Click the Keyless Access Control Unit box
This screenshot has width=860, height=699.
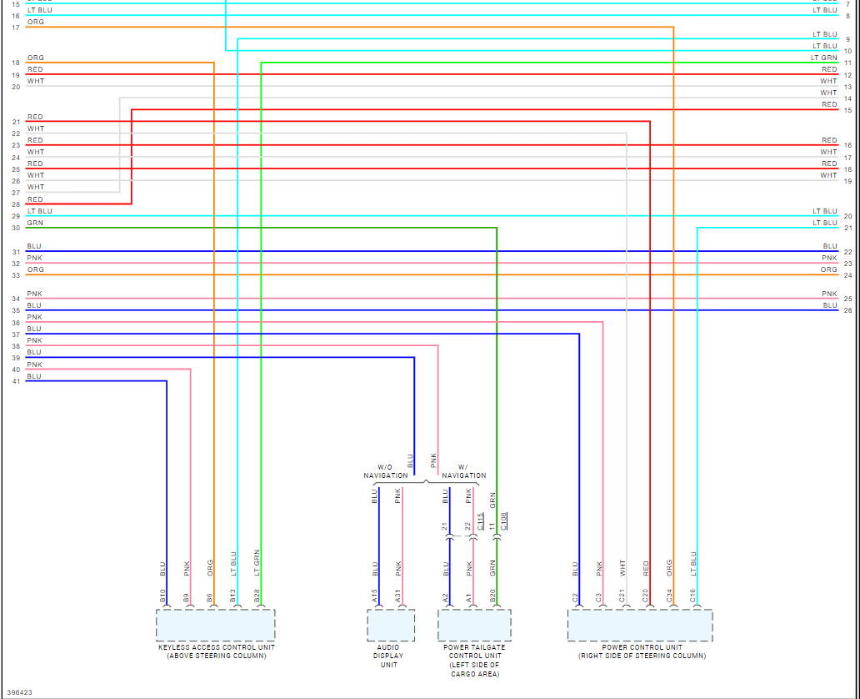215,625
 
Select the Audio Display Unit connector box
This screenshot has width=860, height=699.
391,625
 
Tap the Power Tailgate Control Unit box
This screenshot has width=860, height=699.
474,625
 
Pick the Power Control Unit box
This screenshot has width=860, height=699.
640,625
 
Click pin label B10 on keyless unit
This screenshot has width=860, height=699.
163,596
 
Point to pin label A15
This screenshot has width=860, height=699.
375,596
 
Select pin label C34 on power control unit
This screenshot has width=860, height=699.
670,596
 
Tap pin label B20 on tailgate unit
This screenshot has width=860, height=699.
493,596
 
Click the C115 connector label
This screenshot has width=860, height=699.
481,521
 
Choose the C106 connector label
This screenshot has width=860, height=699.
504,521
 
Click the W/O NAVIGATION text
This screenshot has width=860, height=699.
385,471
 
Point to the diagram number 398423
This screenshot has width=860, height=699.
21,691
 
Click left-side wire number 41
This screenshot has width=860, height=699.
16,381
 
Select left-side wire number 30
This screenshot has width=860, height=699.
16,228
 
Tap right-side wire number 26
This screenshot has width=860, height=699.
847,311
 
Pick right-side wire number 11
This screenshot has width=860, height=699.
847,63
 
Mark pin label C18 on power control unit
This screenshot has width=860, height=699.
693,596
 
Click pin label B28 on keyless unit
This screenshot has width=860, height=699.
257,596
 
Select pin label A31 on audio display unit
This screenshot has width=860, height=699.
399,596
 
